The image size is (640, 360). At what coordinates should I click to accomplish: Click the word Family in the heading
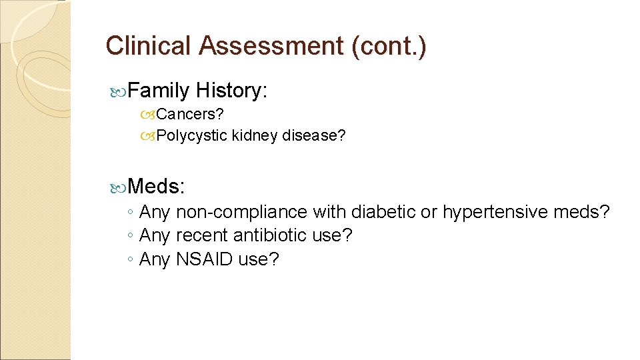click(x=159, y=90)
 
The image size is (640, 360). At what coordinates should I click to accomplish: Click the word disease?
click(x=314, y=135)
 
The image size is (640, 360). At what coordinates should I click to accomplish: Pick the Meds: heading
click(x=156, y=186)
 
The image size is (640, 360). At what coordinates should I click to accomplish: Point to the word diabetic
click(x=383, y=212)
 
